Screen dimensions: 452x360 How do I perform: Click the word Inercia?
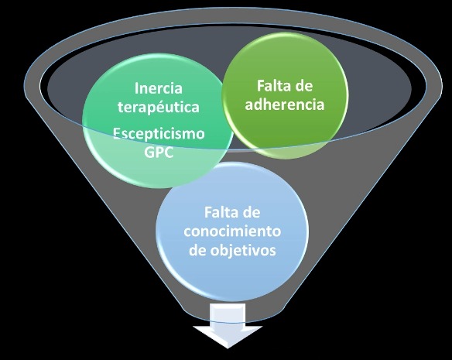click(x=158, y=88)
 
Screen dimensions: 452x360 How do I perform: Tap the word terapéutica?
click(x=158, y=108)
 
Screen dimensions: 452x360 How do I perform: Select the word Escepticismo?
click(x=159, y=134)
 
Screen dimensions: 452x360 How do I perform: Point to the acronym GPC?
click(x=159, y=152)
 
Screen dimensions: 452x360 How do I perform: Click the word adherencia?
click(x=285, y=105)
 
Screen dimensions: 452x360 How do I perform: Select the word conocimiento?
click(x=232, y=231)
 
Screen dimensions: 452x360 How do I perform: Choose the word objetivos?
click(x=243, y=251)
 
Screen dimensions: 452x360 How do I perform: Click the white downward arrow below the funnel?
click(x=228, y=325)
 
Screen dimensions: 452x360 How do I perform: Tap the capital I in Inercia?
click(x=136, y=88)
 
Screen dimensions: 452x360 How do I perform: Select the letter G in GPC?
click(x=149, y=152)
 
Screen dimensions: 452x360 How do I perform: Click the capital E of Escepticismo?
click(x=116, y=134)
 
